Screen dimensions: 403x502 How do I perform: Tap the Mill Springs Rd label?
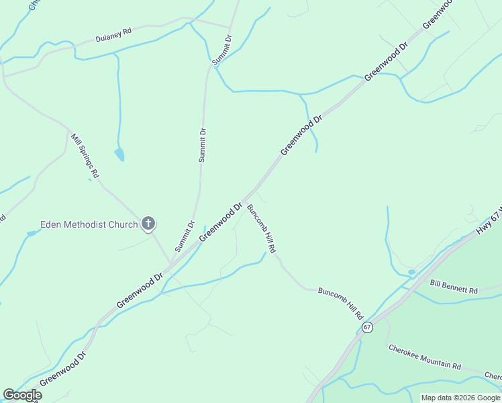point(85,155)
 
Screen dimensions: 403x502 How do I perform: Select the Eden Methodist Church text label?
point(89,224)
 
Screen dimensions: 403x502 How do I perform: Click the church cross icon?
point(149,224)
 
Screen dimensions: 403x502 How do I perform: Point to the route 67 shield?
point(366,327)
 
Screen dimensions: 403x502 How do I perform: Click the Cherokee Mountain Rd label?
point(424,357)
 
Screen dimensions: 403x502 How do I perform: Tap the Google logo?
point(22,395)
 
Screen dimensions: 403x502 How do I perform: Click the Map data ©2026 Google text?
point(460,398)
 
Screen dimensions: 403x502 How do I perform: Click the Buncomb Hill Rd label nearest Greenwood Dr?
point(262,228)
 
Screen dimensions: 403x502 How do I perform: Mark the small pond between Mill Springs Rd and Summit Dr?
point(119,154)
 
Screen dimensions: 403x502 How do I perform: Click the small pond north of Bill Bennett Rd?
point(411,272)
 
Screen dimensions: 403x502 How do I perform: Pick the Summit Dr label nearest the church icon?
point(185,236)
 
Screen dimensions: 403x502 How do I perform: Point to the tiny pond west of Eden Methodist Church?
point(31,234)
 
